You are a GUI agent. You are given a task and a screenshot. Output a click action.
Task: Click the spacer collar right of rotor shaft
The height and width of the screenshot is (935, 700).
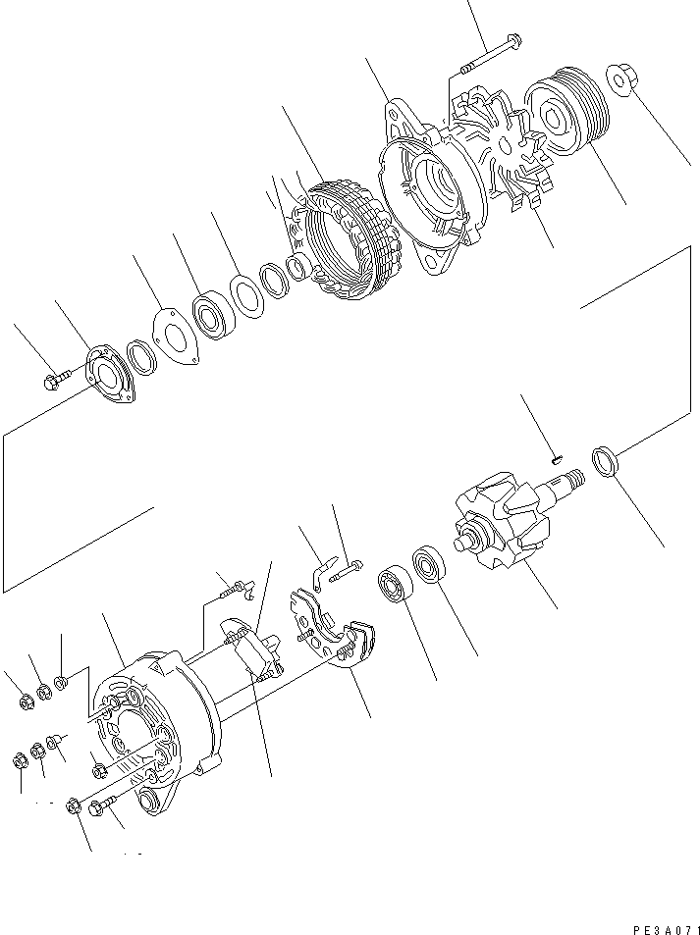point(605,461)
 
